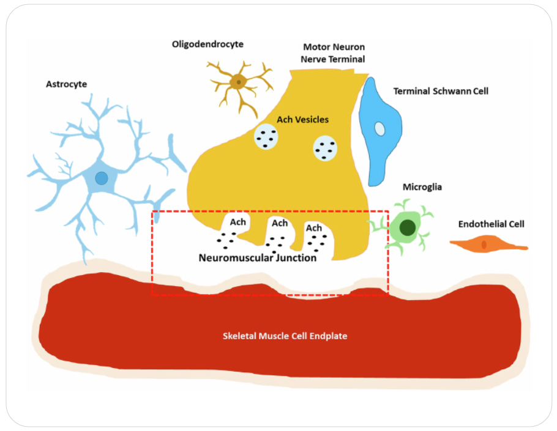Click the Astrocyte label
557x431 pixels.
click(x=67, y=84)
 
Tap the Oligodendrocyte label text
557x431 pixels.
click(x=207, y=44)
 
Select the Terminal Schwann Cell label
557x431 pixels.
click(x=441, y=91)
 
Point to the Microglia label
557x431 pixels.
click(x=422, y=186)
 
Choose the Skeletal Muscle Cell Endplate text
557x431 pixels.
click(x=285, y=336)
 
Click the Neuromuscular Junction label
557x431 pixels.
click(x=258, y=258)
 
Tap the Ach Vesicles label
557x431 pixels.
click(x=302, y=120)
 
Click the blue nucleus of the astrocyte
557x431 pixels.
click(x=102, y=178)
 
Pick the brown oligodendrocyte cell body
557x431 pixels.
click(x=238, y=81)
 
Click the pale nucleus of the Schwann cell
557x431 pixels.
click(x=380, y=129)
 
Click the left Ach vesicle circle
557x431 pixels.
click(x=266, y=137)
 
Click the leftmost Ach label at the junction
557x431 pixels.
click(x=237, y=222)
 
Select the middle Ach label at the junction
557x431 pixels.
click(x=280, y=223)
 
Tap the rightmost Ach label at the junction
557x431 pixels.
click(x=314, y=228)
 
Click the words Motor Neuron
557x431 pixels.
click(x=334, y=47)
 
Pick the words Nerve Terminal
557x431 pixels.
click(x=334, y=59)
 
